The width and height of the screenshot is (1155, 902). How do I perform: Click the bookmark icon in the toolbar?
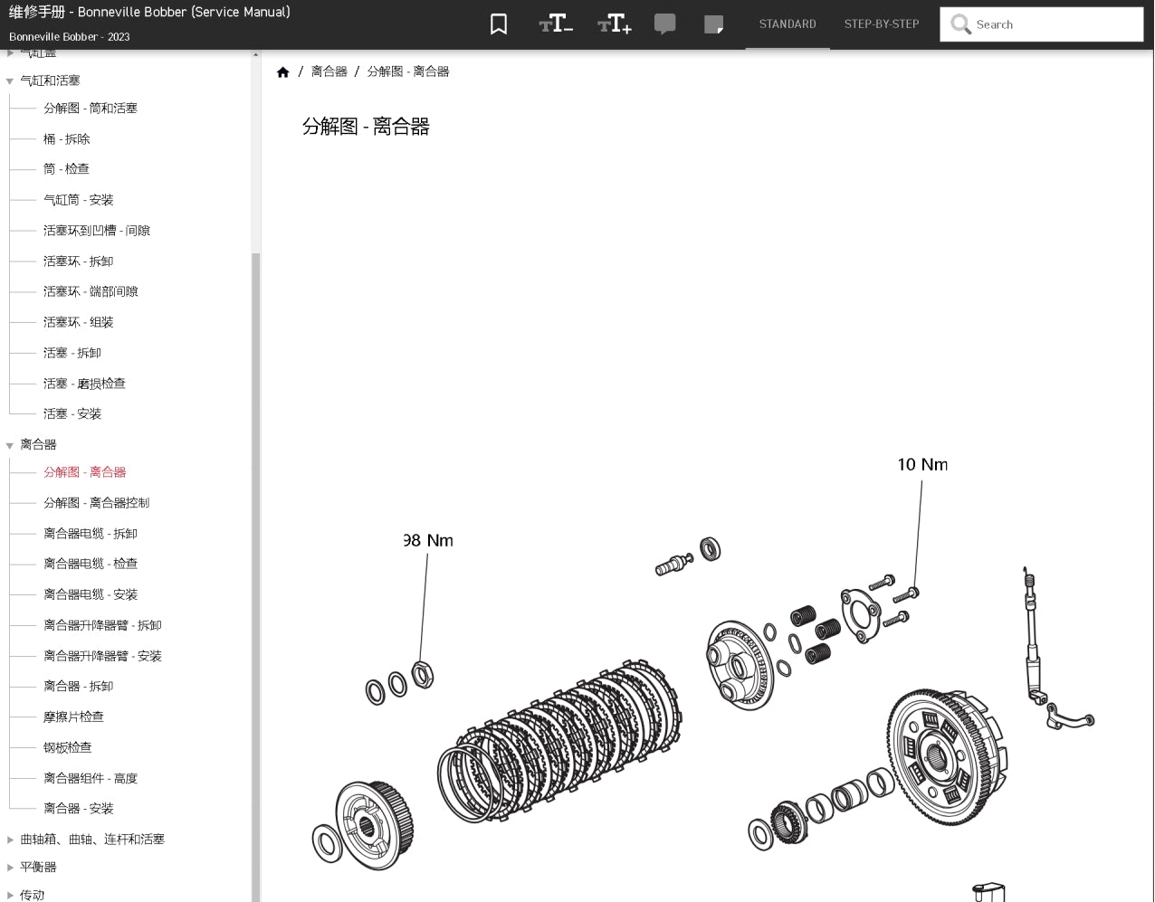[498, 24]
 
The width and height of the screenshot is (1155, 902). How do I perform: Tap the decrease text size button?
[556, 24]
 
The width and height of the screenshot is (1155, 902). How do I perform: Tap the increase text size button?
[615, 24]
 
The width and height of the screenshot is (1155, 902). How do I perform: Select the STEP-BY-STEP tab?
[881, 24]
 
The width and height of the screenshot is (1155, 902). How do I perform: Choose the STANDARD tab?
[787, 24]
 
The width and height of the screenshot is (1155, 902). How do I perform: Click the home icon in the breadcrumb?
[283, 72]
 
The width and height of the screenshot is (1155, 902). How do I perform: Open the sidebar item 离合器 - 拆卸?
[78, 686]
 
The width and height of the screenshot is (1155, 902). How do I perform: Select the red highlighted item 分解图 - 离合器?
[84, 472]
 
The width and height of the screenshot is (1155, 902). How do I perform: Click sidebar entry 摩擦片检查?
[73, 717]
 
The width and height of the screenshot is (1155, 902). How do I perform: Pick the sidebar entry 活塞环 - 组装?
[78, 322]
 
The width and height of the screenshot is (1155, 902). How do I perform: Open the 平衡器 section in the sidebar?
[38, 867]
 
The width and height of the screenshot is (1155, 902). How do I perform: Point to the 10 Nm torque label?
[922, 465]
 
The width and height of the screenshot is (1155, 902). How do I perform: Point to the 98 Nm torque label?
[428, 541]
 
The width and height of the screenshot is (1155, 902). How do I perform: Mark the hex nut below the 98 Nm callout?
[422, 675]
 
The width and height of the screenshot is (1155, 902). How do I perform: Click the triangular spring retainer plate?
[860, 615]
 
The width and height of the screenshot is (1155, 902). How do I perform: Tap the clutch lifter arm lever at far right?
[1069, 716]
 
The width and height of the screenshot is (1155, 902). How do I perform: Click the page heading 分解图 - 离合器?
[366, 127]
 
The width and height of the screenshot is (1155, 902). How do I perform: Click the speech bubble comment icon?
[664, 24]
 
